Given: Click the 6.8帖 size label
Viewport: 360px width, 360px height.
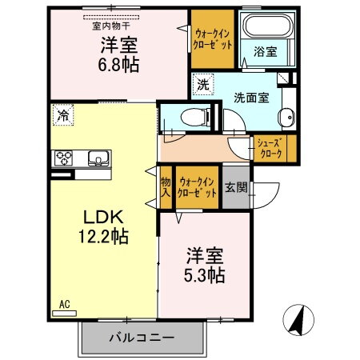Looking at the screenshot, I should [x=119, y=65].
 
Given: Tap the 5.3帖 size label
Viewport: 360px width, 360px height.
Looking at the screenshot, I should [x=204, y=274].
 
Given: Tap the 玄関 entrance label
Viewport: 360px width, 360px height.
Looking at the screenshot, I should [x=236, y=189].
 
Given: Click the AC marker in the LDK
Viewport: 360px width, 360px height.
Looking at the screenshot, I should [x=64, y=304].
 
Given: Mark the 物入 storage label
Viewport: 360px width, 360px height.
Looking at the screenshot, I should [x=166, y=188].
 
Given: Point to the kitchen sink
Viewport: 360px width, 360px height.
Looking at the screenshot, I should [x=98, y=158].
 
